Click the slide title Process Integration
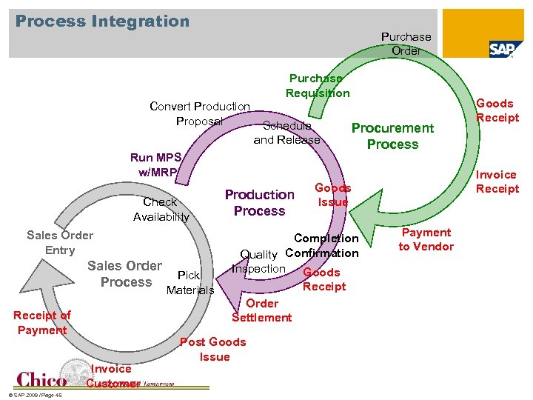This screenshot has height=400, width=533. [102, 21]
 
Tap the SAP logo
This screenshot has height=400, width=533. [506, 49]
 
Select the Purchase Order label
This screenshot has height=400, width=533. [406, 44]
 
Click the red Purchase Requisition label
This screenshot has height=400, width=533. [318, 85]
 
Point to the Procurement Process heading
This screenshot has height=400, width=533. [392, 136]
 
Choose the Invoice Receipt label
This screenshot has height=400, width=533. [497, 181]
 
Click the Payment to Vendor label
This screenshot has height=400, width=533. [426, 239]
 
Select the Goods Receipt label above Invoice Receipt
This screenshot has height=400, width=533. [497, 110]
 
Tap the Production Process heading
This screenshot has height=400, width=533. [259, 203]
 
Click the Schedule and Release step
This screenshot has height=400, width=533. [286, 133]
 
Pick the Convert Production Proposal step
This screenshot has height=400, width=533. [199, 113]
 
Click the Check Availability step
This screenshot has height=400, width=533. [161, 209]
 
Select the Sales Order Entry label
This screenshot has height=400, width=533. [60, 242]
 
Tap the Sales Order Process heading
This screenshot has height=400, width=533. [124, 273]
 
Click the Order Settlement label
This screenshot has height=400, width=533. [261, 310]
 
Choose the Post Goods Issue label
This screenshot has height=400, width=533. [213, 349]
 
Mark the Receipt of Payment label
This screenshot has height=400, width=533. [42, 323]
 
